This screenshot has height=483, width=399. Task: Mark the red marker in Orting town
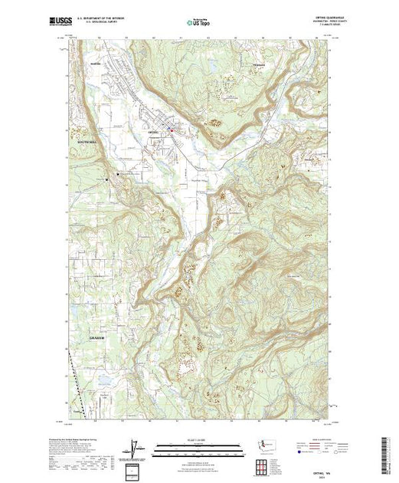click(172, 130)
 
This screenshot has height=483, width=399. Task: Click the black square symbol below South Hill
click(117, 175)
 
